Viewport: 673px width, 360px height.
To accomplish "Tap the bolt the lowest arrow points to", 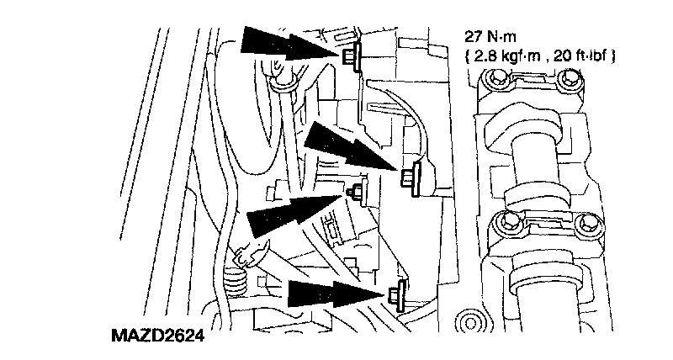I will (x=396, y=294).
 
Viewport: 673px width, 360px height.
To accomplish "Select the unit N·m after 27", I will (x=504, y=38).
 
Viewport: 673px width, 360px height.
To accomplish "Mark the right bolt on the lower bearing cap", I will (x=584, y=223).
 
